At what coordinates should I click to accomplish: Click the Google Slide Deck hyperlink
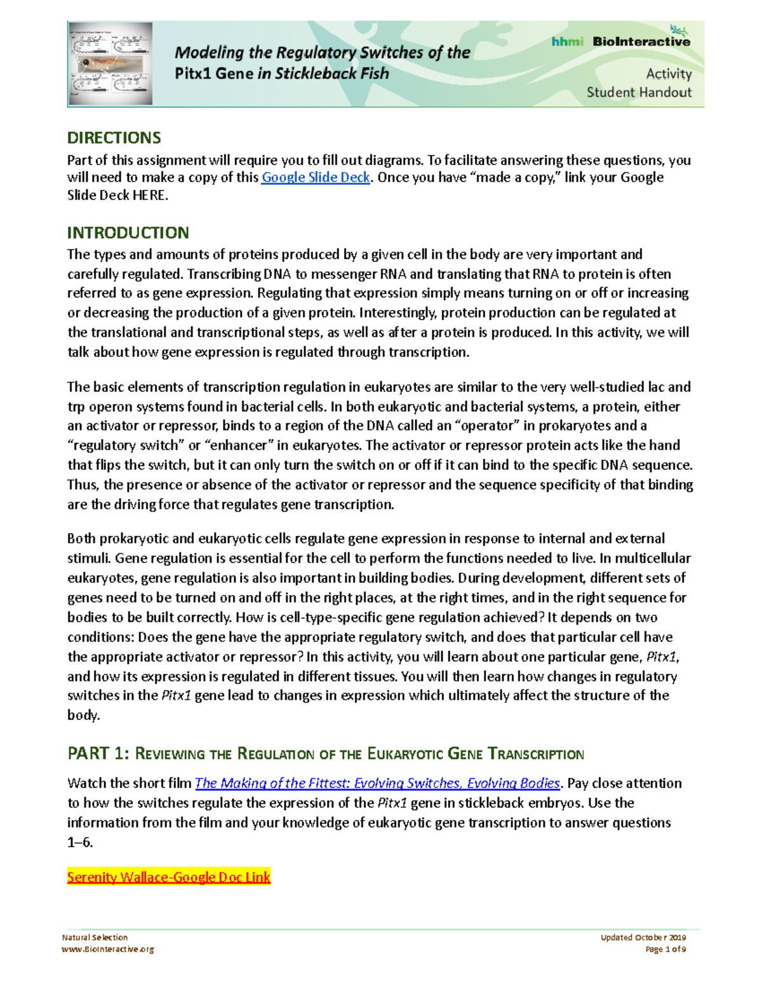tap(316, 178)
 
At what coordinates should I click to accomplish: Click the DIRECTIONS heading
tap(114, 138)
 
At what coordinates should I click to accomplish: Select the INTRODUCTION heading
tap(128, 232)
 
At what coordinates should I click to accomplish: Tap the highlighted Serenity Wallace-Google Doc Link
tap(169, 877)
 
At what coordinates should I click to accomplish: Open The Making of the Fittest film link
tap(377, 783)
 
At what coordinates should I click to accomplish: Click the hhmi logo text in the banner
tap(567, 42)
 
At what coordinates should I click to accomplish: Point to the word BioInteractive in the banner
tap(641, 42)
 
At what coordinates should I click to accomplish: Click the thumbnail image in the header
tap(110, 63)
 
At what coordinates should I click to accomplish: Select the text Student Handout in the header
tap(639, 93)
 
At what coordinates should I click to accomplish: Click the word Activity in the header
tap(669, 74)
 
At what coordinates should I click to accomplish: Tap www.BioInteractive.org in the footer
tap(108, 950)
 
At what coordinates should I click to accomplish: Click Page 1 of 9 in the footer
tap(665, 950)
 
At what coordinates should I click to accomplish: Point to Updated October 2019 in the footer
tap(643, 938)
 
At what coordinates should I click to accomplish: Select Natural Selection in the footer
tap(95, 938)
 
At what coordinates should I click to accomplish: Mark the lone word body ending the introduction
tap(83, 716)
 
